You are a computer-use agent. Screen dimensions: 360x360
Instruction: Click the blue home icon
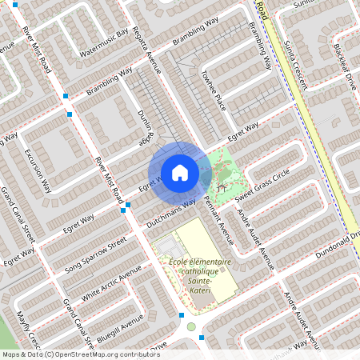click(x=180, y=173)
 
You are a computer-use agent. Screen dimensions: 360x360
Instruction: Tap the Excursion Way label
click(x=38, y=170)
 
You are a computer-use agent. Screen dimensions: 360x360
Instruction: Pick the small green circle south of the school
click(x=190, y=326)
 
